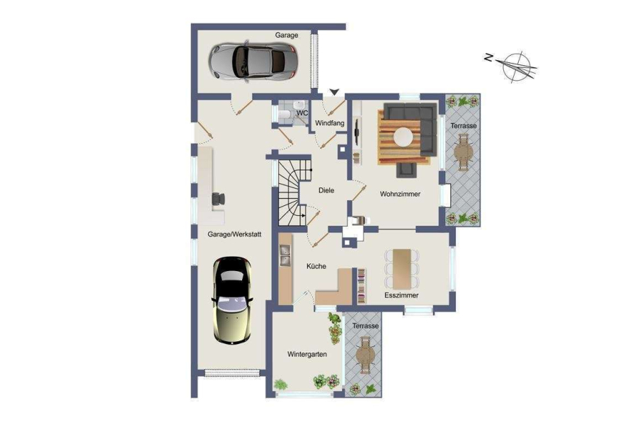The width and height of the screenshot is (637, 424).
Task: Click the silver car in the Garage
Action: click(253, 62)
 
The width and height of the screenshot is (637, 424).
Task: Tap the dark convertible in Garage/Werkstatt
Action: click(232, 301)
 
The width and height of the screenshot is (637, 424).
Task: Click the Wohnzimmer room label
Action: click(400, 194)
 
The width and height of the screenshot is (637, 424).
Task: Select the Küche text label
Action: click(316, 266)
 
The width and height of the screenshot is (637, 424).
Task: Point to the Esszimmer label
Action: click(401, 295)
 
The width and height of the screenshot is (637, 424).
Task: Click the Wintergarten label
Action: click(307, 354)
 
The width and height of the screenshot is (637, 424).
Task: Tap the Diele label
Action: click(326, 190)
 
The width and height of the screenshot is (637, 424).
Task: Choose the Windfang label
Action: click(329, 123)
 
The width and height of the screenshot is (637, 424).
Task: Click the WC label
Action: click(302, 113)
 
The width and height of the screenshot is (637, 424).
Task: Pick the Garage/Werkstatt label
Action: click(234, 234)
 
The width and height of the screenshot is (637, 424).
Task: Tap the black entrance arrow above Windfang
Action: click(334, 92)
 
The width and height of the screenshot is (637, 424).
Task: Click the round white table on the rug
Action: click(403, 137)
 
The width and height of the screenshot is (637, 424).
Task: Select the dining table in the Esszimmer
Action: click(402, 269)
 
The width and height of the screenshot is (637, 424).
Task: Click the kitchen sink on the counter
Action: click(285, 256)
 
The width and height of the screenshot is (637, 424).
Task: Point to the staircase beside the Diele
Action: click(292, 193)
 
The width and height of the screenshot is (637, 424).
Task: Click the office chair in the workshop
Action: click(218, 199)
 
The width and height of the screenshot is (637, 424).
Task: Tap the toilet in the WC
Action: click(285, 115)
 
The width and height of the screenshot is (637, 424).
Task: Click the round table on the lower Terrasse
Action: click(365, 355)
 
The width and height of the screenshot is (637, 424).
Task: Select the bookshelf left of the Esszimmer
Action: click(361, 286)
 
